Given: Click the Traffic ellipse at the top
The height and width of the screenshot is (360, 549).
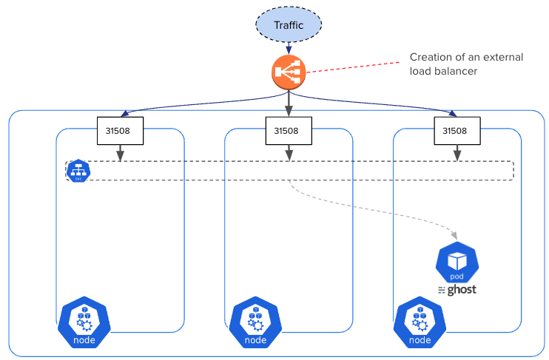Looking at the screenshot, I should click(289, 25).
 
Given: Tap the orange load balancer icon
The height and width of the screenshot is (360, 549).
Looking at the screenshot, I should click(289, 72).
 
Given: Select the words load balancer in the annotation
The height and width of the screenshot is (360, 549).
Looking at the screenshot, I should click(443, 71).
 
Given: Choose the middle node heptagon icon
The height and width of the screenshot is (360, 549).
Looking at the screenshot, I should click(255, 323).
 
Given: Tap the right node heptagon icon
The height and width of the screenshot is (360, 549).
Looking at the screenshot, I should click(420, 323).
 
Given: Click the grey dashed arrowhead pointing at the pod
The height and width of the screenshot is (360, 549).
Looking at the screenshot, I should click(454, 235).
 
